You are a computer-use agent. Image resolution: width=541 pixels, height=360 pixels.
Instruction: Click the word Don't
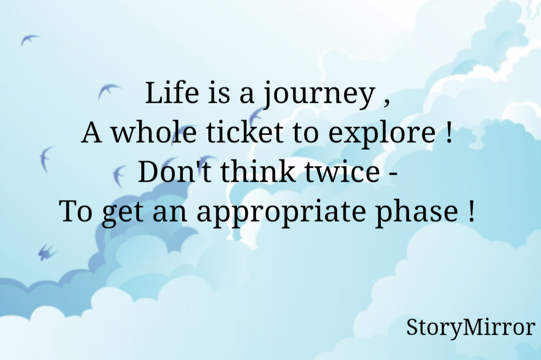(167, 172)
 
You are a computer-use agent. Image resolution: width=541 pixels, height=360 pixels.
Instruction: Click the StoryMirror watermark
(470, 328)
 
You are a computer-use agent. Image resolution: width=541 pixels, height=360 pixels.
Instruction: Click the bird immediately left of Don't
(117, 176)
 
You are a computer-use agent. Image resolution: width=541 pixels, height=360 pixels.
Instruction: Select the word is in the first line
(215, 94)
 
